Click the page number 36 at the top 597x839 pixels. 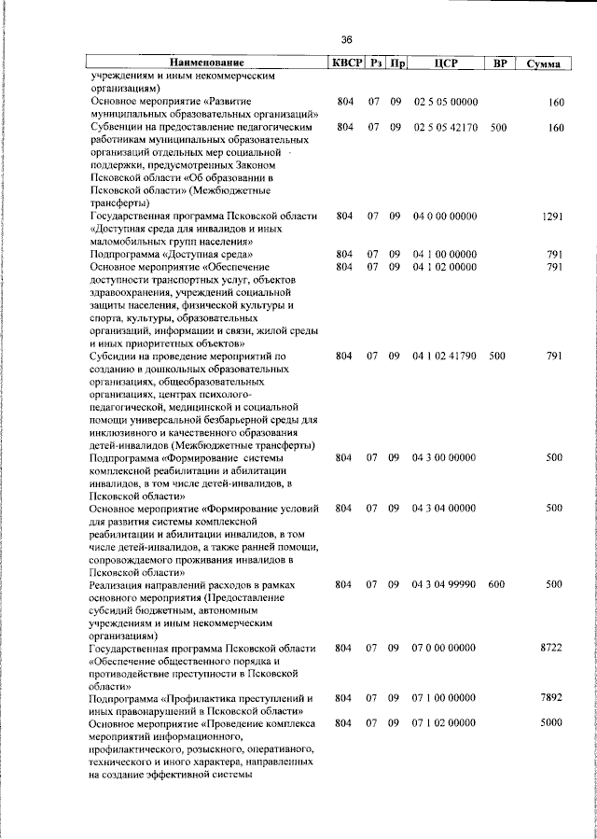[x=346, y=39]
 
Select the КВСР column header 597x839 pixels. [x=344, y=63]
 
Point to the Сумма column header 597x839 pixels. [x=543, y=64]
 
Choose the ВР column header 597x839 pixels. [x=500, y=63]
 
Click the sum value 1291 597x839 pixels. [x=553, y=217]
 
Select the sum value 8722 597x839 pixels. [x=553, y=647]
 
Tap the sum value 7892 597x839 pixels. [x=553, y=698]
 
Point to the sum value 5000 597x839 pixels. [x=553, y=723]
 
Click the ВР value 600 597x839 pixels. [x=496, y=583]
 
